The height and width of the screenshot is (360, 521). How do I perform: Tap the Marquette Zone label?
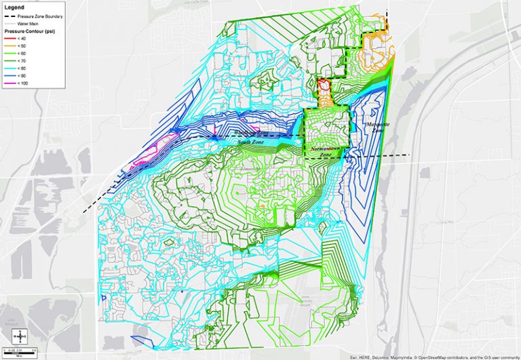[378, 127]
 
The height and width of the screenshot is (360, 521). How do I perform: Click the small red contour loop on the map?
[324, 87]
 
